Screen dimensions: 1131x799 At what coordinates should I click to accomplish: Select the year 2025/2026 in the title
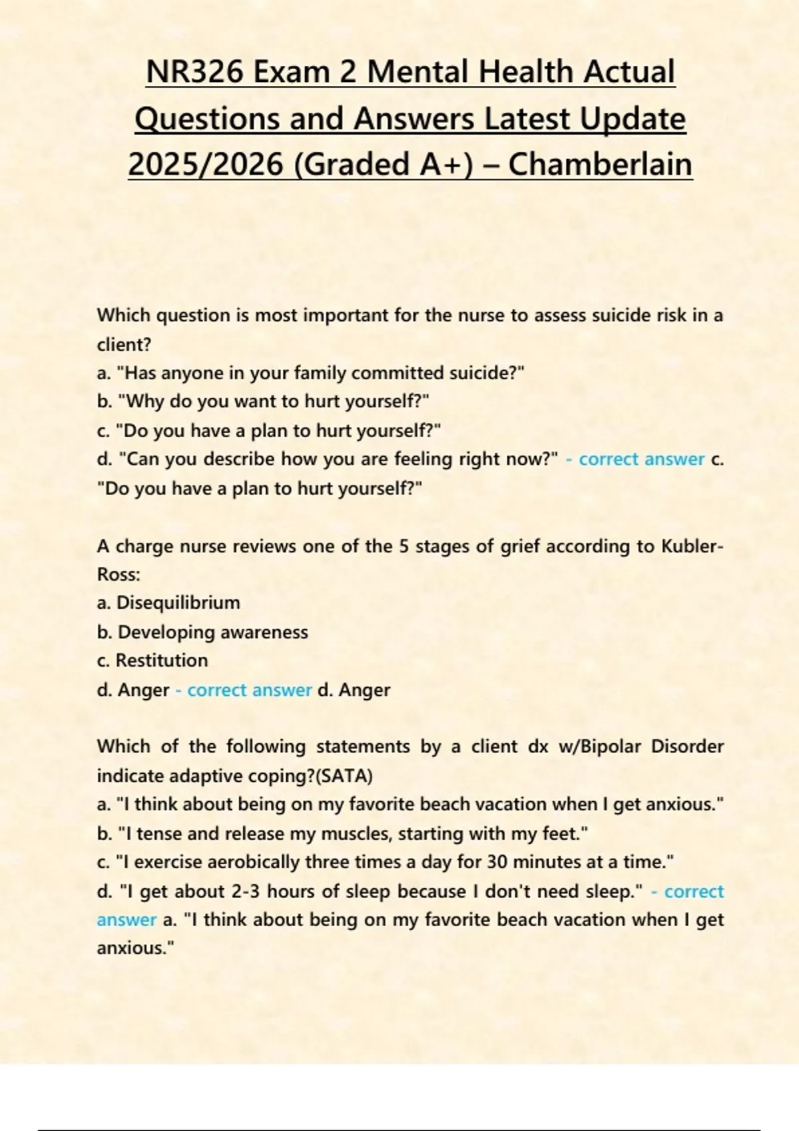[x=205, y=164]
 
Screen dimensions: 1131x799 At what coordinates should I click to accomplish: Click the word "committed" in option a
[x=398, y=373]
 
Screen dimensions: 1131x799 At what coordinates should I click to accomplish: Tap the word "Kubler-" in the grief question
[x=692, y=546]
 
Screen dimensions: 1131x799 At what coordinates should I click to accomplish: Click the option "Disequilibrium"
[x=178, y=603]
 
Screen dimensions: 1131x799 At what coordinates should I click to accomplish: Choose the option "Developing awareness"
[x=212, y=632]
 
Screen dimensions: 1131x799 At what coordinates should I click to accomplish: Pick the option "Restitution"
[x=161, y=661]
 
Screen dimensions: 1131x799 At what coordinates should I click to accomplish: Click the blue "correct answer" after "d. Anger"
[x=249, y=690]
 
